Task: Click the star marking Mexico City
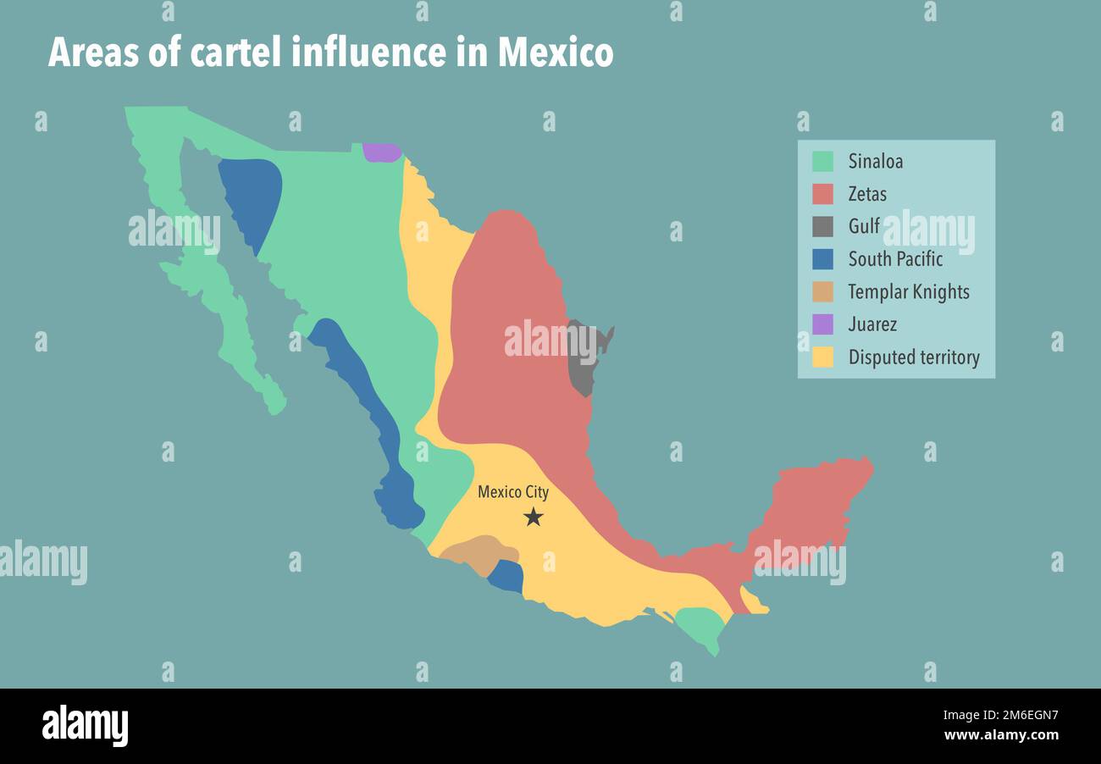(533, 517)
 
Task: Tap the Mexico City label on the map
(513, 492)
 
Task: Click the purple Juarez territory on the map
(382, 152)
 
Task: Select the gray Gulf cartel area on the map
(582, 360)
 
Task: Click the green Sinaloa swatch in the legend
(822, 161)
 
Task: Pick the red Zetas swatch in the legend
(822, 194)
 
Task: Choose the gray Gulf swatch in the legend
(822, 226)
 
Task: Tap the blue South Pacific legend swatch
(822, 259)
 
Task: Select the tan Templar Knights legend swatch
(822, 291)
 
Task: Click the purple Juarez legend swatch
(822, 324)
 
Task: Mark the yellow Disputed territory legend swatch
(822, 357)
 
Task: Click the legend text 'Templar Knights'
(909, 292)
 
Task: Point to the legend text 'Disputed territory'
(914, 357)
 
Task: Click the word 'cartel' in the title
(236, 53)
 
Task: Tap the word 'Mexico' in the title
(556, 53)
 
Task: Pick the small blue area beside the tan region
(506, 577)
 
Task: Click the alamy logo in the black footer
(85, 726)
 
